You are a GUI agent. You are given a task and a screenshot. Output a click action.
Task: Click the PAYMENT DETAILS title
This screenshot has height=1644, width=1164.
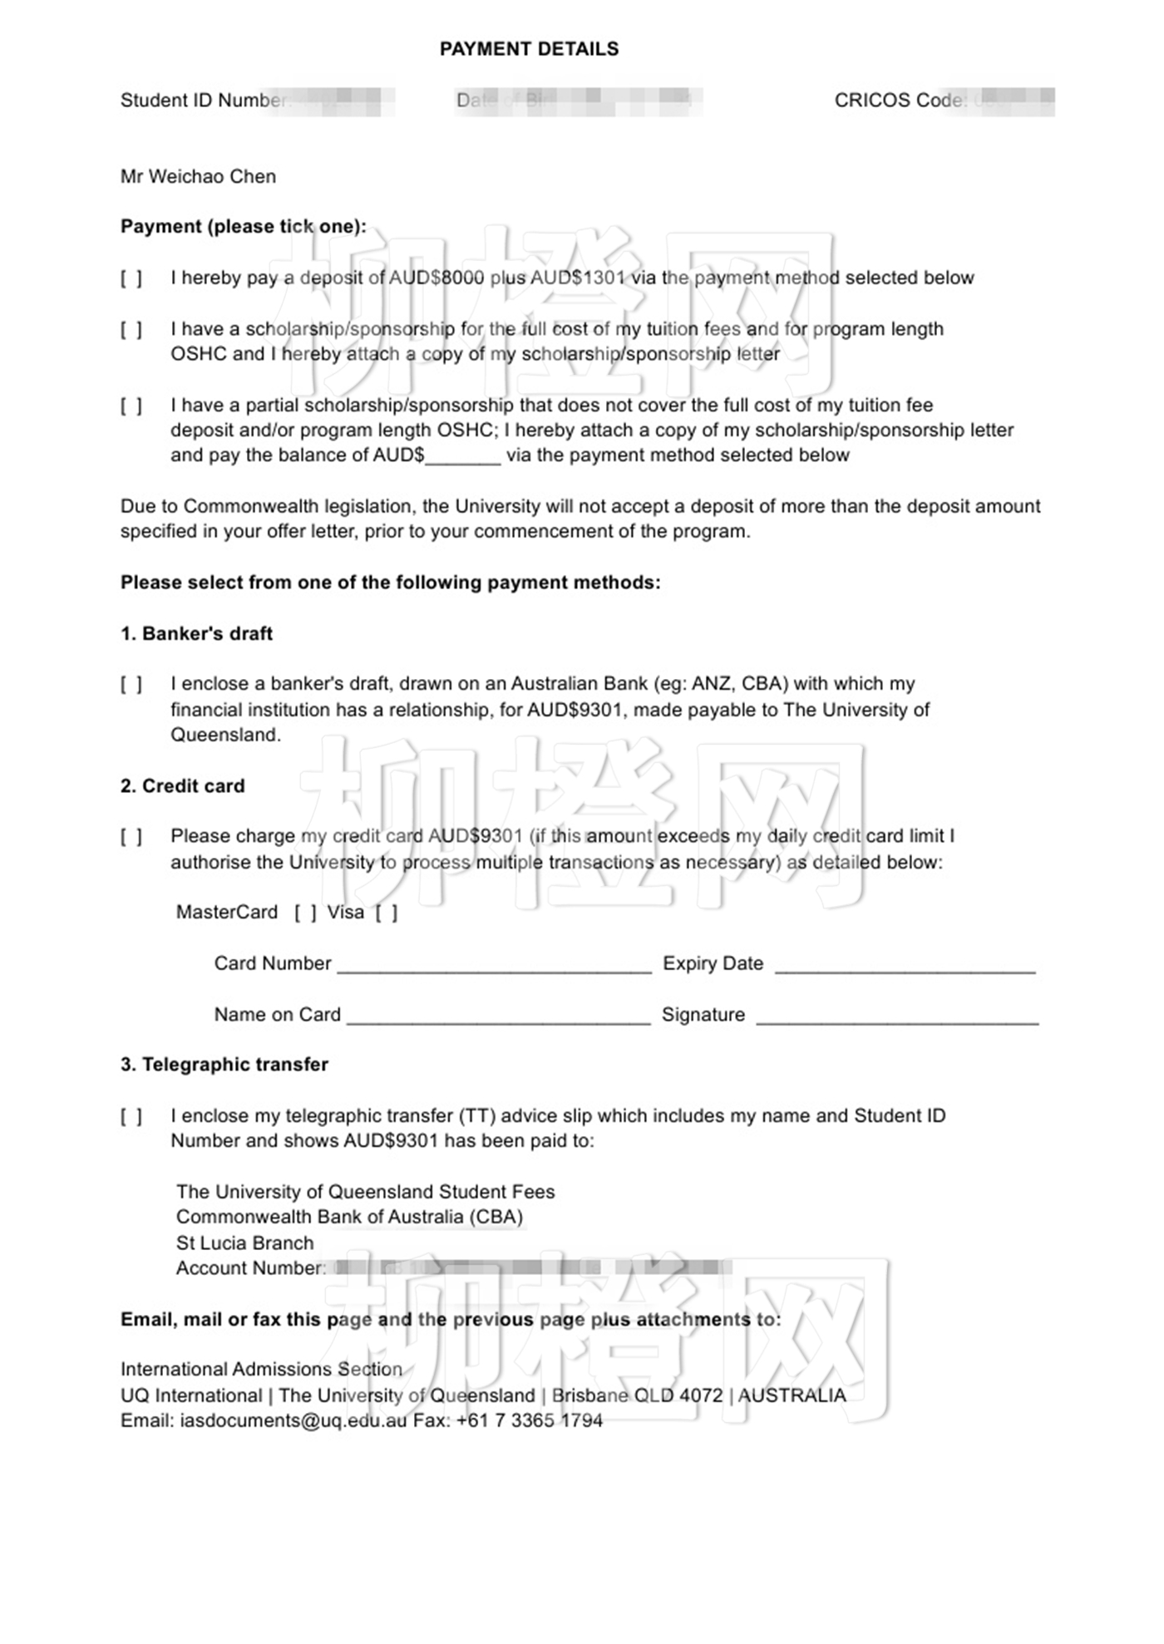(529, 49)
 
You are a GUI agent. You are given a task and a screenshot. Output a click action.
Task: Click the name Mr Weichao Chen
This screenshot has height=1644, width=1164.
(198, 176)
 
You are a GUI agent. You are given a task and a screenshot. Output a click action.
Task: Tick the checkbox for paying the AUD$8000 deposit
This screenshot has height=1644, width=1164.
(131, 278)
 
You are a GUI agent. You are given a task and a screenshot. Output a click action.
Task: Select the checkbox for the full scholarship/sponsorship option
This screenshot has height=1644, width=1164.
(131, 330)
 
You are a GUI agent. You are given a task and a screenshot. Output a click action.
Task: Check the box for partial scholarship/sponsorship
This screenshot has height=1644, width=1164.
(131, 406)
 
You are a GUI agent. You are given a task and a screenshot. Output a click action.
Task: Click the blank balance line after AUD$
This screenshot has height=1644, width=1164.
(463, 457)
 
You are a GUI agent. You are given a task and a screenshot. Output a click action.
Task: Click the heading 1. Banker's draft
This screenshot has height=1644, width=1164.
(196, 633)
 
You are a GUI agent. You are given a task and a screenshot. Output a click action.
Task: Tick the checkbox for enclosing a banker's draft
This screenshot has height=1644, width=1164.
(131, 685)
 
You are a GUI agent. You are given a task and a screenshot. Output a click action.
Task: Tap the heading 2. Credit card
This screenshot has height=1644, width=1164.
(182, 785)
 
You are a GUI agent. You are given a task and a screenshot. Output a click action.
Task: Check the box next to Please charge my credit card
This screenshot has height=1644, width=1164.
(131, 837)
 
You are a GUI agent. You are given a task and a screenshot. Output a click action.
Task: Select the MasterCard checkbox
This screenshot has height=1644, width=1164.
(305, 913)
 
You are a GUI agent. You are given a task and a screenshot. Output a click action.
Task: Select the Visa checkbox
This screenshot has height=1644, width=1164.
(386, 913)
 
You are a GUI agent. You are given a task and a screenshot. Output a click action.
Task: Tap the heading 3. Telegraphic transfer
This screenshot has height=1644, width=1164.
(224, 1064)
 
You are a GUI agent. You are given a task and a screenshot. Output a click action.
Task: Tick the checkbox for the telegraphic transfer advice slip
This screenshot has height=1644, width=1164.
(131, 1116)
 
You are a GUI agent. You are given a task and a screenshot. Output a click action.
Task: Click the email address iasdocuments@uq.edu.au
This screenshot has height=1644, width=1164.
(293, 1420)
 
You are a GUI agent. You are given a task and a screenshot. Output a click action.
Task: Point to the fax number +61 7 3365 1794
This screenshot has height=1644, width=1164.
(530, 1420)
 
